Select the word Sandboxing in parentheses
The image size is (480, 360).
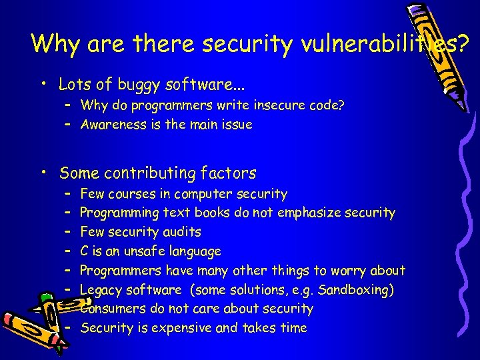[354, 289]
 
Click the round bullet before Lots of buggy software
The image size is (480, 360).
[44, 85]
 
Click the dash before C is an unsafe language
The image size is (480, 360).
[68, 251]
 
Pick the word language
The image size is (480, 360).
[194, 251]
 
